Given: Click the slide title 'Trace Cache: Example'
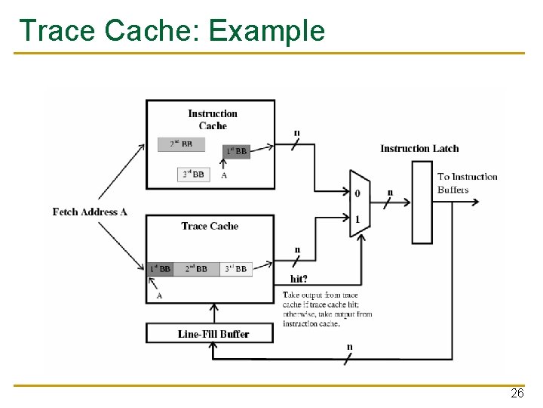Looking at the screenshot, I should pyautogui.click(x=172, y=30).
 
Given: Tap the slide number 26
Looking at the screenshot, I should pyautogui.click(x=517, y=394).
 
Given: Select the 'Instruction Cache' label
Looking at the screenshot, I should pyautogui.click(x=212, y=119).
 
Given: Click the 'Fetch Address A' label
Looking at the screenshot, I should pyautogui.click(x=90, y=212).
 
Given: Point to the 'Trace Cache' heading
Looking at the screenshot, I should pyautogui.click(x=210, y=226).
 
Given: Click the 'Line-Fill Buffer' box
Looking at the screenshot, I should pyautogui.click(x=213, y=333).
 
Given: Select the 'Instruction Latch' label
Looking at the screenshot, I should pyautogui.click(x=419, y=148).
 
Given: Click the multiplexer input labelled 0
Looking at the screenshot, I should pyautogui.click(x=357, y=193).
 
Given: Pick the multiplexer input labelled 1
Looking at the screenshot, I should pyautogui.click(x=357, y=218).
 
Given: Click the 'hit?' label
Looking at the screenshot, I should pyautogui.click(x=298, y=278).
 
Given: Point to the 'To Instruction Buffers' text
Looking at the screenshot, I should pyautogui.click(x=467, y=183).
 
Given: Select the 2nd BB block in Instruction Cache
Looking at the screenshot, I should pyautogui.click(x=181, y=144).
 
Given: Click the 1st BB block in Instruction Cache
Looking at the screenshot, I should pyautogui.click(x=236, y=151).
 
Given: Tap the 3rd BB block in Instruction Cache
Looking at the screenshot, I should pyautogui.click(x=193, y=175).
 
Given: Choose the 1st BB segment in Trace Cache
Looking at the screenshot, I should pyautogui.click(x=161, y=268).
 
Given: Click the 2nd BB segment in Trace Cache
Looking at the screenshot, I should pyautogui.click(x=196, y=268).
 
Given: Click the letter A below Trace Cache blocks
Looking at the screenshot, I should pyautogui.click(x=159, y=295).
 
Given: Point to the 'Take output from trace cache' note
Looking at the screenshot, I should pyautogui.click(x=327, y=309).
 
